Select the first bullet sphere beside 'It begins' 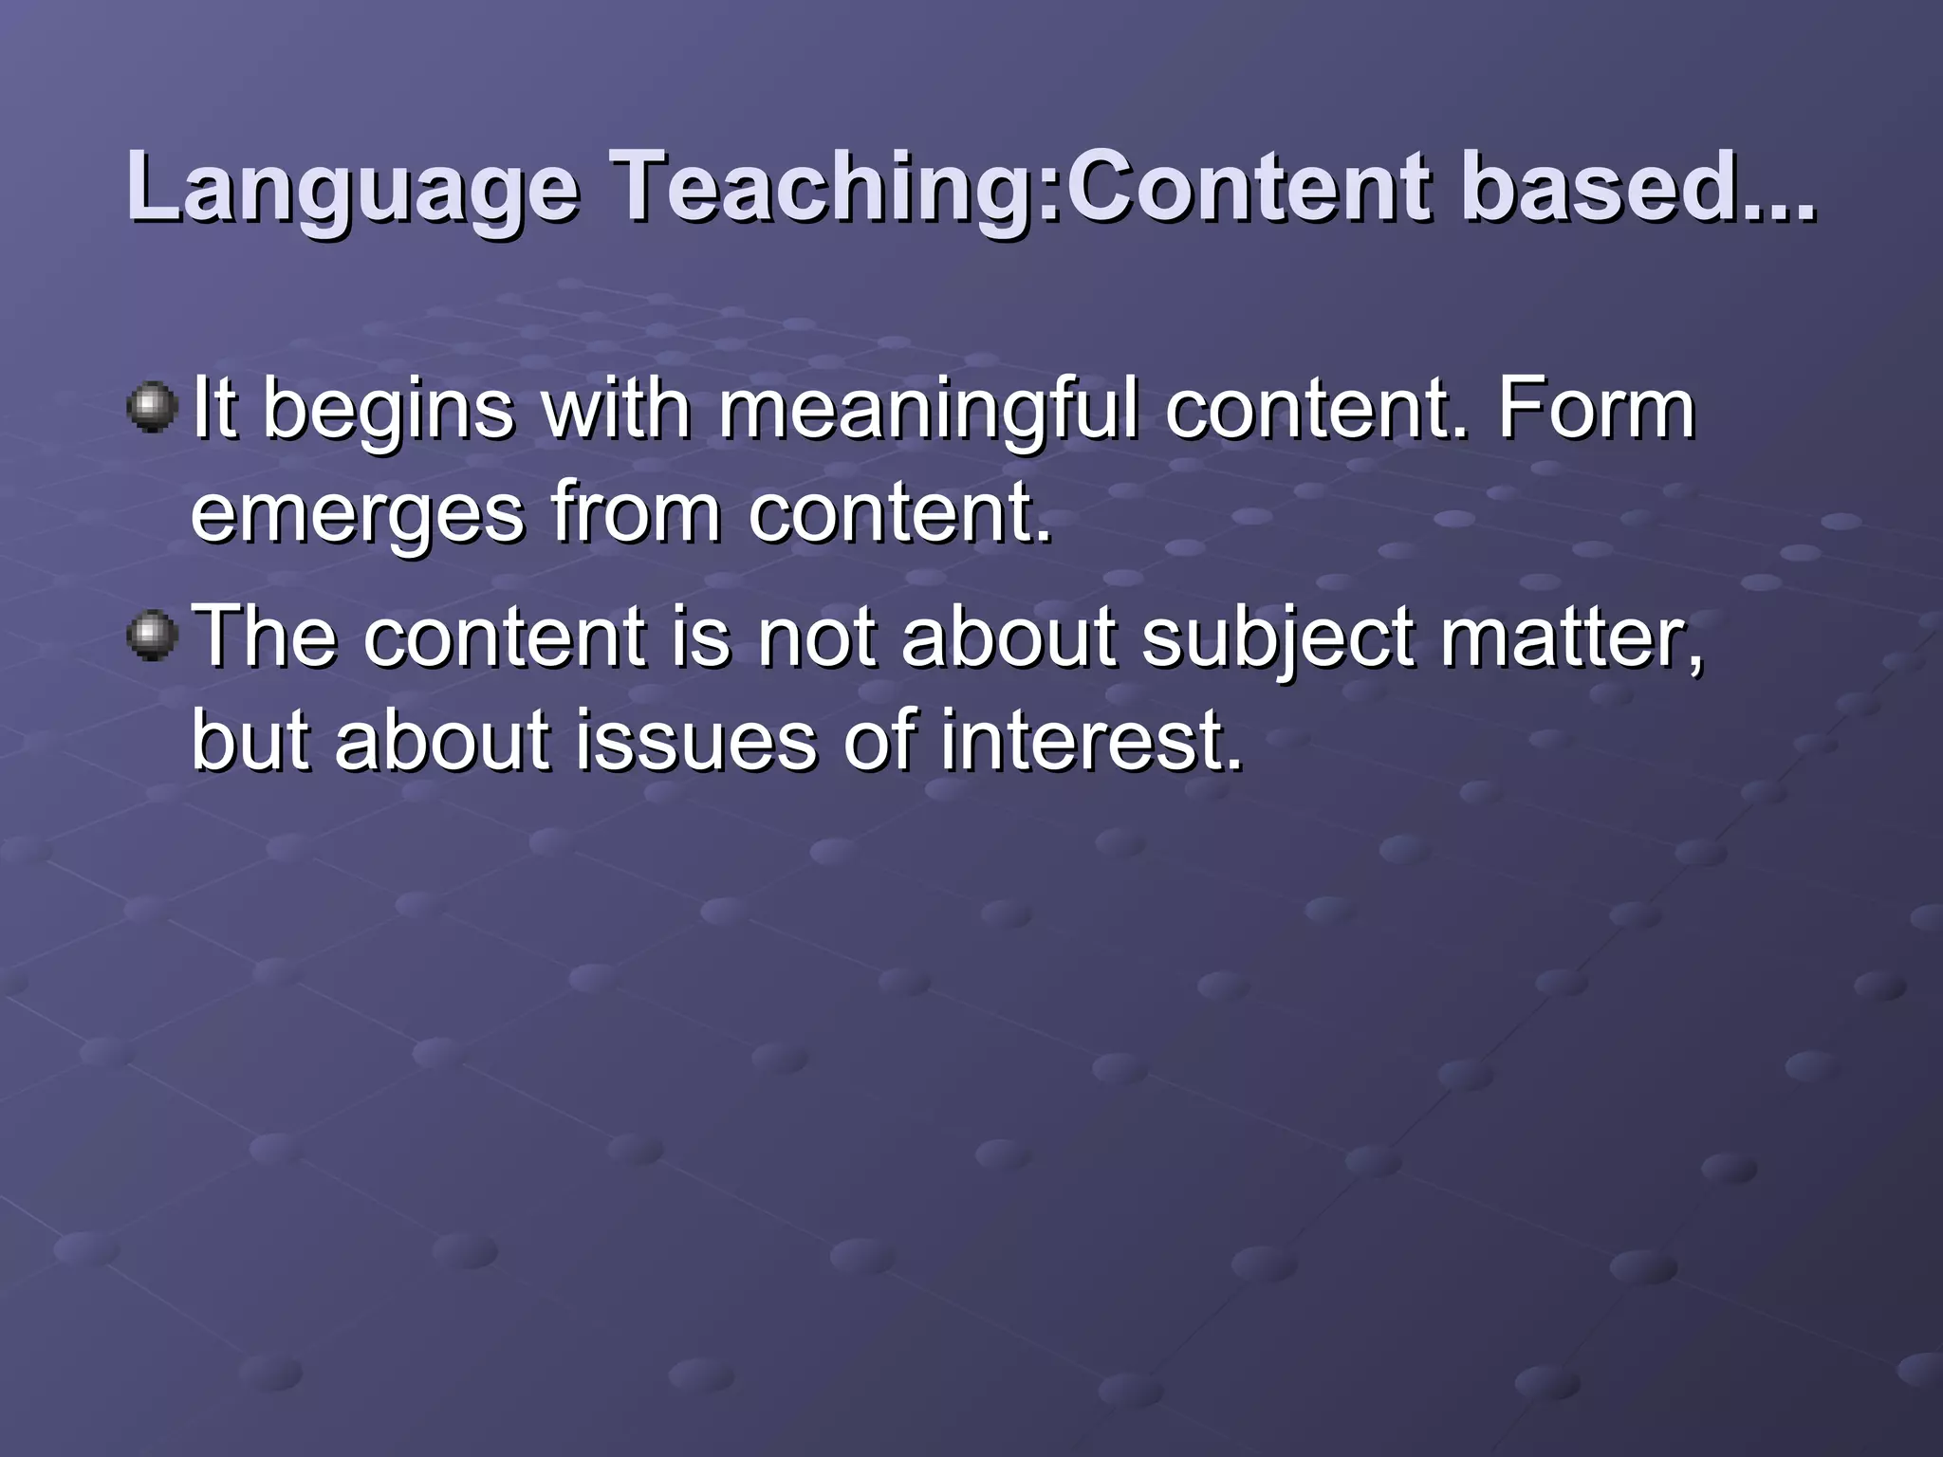click(x=152, y=408)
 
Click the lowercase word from click(x=636, y=512)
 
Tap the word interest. click(x=1091, y=740)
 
